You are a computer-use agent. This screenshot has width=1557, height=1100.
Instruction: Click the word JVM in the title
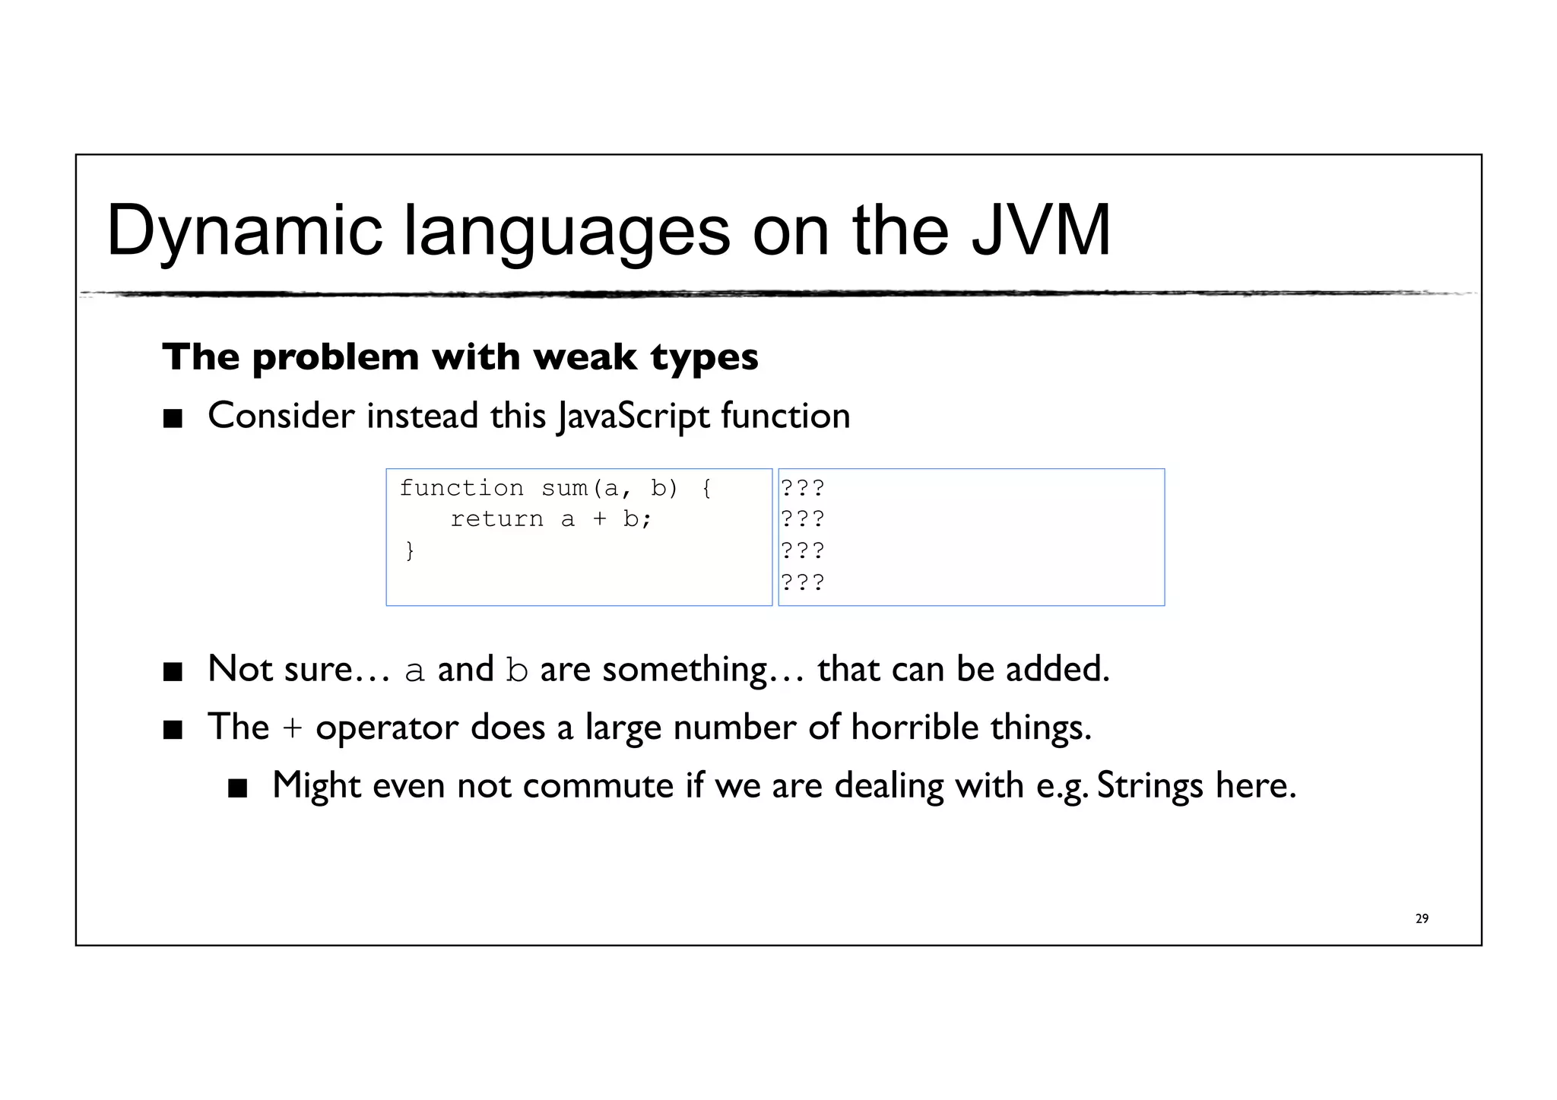[x=1042, y=230]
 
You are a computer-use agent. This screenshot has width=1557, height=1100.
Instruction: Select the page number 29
[x=1422, y=918]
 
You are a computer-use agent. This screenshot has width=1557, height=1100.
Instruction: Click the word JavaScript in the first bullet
[x=633, y=417]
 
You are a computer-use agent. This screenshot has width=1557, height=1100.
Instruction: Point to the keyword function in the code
[x=461, y=488]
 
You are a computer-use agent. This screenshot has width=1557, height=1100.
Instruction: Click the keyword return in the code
[x=496, y=519]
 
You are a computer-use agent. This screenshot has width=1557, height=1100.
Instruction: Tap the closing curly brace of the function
[x=410, y=550]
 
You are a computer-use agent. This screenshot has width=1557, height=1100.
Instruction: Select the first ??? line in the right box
[x=803, y=487]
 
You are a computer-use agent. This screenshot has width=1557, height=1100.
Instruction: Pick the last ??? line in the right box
[x=803, y=582]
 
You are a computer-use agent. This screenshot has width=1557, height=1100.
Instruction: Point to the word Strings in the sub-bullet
[x=1150, y=785]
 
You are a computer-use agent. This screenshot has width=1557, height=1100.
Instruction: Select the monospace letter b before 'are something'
[x=517, y=670]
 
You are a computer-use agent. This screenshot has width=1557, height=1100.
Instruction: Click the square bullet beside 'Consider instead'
[x=173, y=418]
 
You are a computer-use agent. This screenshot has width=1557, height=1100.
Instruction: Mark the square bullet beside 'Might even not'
[x=238, y=788]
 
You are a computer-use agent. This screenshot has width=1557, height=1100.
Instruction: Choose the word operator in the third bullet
[x=387, y=728]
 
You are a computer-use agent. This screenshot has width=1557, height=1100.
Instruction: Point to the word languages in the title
[x=566, y=231]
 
